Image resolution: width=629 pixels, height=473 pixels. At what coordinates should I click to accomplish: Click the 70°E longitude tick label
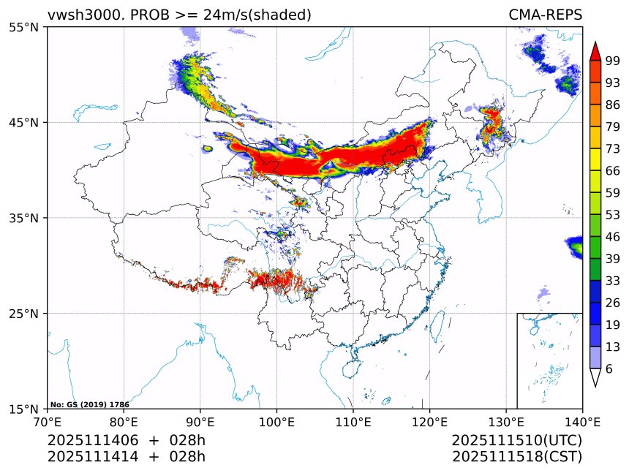point(48,421)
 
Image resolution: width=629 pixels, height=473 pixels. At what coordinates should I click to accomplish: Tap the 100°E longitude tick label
point(276,421)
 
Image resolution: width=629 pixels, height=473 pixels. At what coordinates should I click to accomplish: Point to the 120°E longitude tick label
point(429,421)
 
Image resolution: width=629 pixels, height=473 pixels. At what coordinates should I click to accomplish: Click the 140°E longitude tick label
point(581,421)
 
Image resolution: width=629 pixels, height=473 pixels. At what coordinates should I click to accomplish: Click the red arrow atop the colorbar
point(595,50)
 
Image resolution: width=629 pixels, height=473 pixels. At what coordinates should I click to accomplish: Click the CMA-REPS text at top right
point(545,15)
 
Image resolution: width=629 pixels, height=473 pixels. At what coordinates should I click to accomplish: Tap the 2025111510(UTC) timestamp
point(516,441)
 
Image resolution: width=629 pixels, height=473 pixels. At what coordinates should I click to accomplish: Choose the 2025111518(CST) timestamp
point(516,457)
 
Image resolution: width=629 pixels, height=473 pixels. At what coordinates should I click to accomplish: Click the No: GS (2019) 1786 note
point(90,404)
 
